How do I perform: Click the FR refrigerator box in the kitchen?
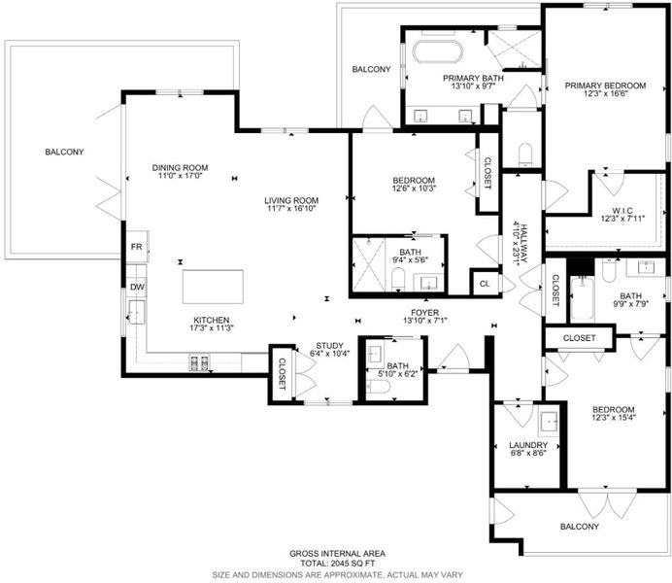(x=137, y=247)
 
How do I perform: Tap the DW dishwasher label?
(x=137, y=288)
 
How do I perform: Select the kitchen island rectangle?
(x=213, y=287)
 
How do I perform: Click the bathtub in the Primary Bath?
(x=438, y=51)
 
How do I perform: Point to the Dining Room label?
(x=180, y=167)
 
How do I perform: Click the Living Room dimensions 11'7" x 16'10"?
(x=291, y=209)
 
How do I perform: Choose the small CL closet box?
(x=485, y=284)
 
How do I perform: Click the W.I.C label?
(x=622, y=211)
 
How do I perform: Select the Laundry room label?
(x=528, y=445)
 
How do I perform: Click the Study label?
(x=329, y=346)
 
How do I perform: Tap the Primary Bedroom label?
(x=605, y=86)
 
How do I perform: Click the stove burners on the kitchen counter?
(x=200, y=362)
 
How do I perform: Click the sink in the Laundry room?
(x=549, y=422)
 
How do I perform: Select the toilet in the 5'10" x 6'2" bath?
(x=379, y=387)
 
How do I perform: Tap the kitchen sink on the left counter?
(x=137, y=312)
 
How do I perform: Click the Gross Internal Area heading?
(x=337, y=554)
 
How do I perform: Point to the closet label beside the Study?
(x=282, y=374)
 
